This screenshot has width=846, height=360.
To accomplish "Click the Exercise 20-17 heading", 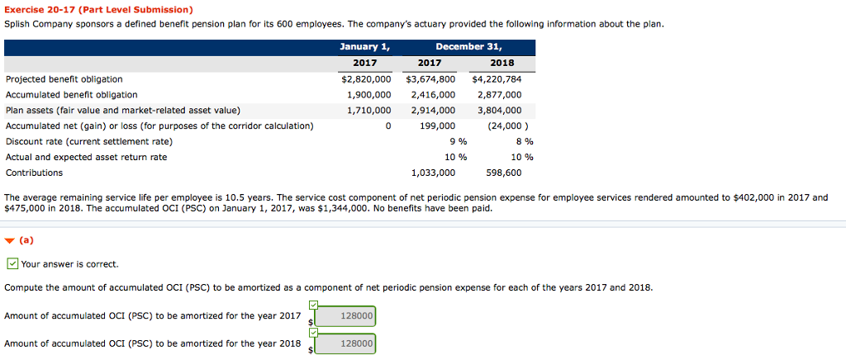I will pos(98,10).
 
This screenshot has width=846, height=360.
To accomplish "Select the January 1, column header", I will pos(364,47).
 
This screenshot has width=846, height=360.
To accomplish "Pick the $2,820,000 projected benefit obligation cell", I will pos(366,79).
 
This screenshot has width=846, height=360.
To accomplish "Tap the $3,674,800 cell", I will pos(430,79).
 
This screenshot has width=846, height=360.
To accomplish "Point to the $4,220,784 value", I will pos(497,79).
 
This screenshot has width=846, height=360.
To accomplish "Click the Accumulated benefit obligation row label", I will pos(72,95).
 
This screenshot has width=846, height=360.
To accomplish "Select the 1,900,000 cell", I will pos(369,95).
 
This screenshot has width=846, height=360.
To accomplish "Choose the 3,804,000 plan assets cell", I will pos(500,111).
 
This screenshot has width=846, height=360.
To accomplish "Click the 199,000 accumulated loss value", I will pos(437,126).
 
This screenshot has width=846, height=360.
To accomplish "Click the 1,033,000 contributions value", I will pos(433,173).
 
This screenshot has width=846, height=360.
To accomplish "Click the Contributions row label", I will pos(34,173).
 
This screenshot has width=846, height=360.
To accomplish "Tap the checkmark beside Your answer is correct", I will pos(12,264).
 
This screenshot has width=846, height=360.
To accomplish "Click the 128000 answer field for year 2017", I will pos(345,316).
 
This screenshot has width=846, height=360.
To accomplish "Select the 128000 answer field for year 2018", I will pos(345,343).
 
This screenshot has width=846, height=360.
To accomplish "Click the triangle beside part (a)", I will pos(8,241).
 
